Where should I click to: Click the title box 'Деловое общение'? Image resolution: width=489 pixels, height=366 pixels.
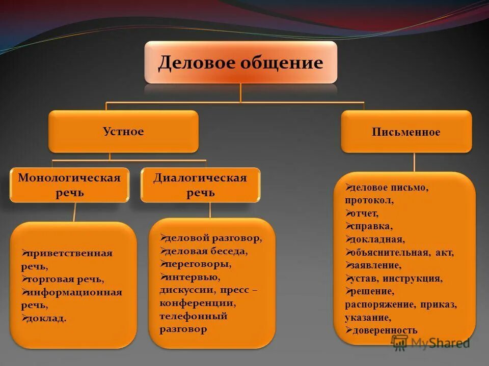240,63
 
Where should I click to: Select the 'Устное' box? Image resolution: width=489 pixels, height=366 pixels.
123,132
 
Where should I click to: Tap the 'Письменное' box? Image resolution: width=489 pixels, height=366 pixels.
406,132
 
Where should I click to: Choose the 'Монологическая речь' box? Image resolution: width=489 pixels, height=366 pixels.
69,185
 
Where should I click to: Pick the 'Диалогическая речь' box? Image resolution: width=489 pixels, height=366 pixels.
200,185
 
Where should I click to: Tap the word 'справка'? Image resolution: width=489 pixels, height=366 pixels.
372,226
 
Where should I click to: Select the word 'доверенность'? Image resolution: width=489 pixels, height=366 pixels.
385,330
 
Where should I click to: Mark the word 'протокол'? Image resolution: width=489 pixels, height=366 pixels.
369,200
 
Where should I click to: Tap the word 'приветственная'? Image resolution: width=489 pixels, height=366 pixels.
70,253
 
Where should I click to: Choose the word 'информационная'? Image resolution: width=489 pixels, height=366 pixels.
75,292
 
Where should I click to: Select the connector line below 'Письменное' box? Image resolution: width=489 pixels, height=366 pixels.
414,162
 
